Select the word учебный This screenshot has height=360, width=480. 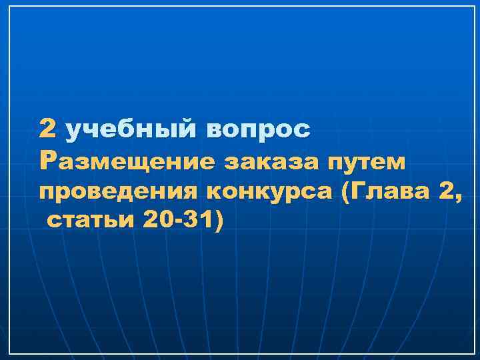[x=131, y=129]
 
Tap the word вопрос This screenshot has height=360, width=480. [x=259, y=129]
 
